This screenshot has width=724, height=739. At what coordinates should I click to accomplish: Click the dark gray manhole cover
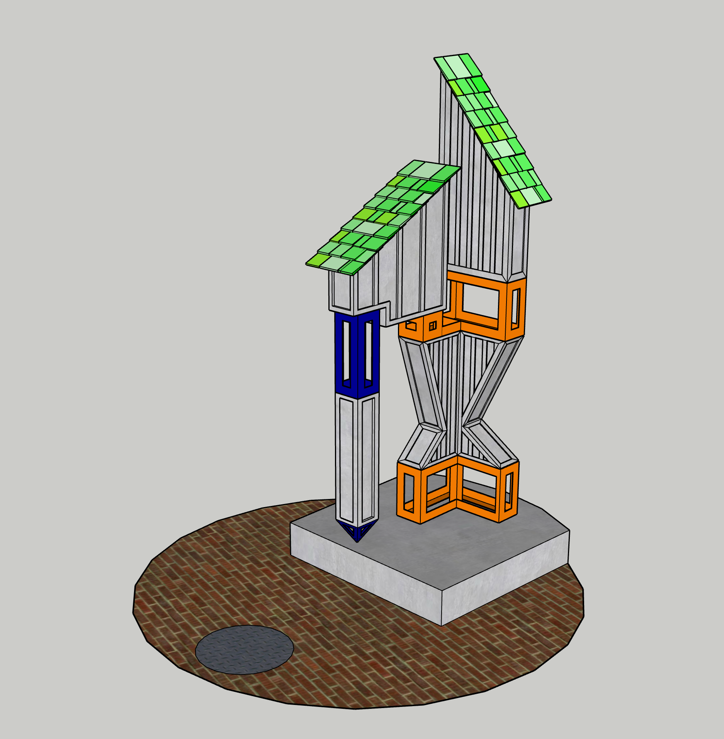pyautogui.click(x=244, y=650)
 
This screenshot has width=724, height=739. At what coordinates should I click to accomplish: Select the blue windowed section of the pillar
pyautogui.click(x=357, y=354)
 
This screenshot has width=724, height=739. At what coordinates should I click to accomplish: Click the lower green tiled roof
pyautogui.click(x=382, y=216)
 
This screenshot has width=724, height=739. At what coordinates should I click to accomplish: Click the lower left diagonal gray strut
pyautogui.click(x=419, y=444)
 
